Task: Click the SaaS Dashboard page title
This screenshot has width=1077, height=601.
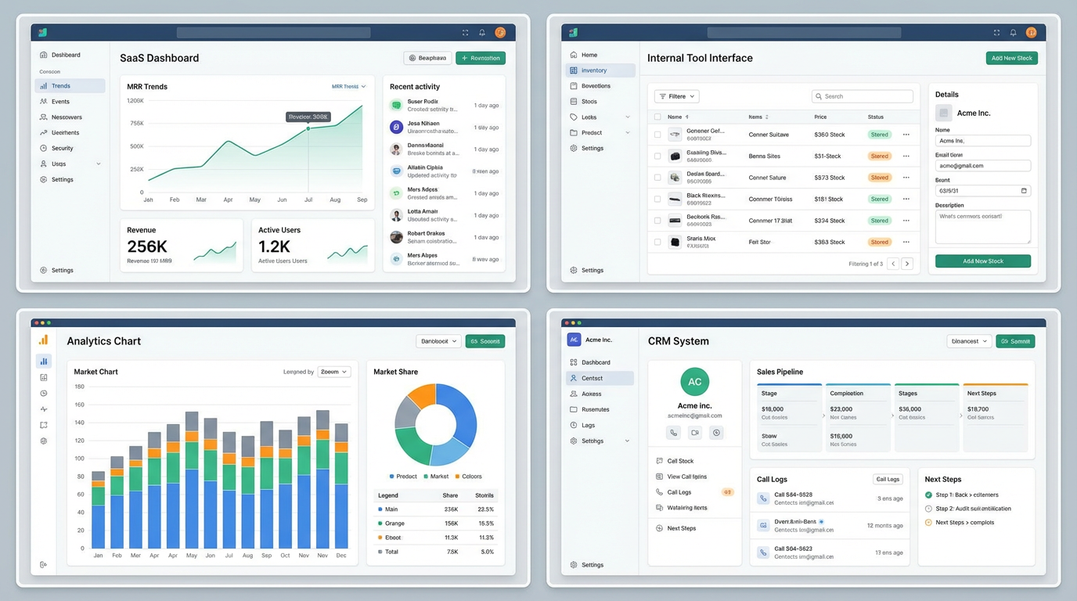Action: click(x=159, y=58)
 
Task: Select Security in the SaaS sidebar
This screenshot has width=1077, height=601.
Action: click(x=62, y=148)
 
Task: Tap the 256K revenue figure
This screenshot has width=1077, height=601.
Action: click(x=147, y=247)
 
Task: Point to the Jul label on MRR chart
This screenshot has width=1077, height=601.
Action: click(x=308, y=200)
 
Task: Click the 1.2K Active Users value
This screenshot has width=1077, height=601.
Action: click(x=275, y=247)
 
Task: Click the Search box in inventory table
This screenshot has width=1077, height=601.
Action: click(x=862, y=96)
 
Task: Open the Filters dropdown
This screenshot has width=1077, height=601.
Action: click(x=676, y=96)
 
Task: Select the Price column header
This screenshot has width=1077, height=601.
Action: click(x=820, y=117)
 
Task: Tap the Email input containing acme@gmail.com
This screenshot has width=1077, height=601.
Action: click(x=982, y=166)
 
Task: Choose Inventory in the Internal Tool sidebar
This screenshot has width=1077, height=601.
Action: click(x=594, y=70)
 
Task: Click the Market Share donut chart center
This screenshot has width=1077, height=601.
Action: click(x=435, y=425)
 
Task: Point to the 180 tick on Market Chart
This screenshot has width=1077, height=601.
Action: click(x=79, y=387)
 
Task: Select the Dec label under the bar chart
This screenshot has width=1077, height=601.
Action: click(x=341, y=556)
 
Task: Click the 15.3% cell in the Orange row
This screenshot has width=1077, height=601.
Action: click(x=485, y=524)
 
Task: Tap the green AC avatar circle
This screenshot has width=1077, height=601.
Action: click(x=694, y=382)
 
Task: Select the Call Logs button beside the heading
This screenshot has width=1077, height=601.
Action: click(x=888, y=479)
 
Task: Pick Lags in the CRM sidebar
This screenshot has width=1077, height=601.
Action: click(x=589, y=425)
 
